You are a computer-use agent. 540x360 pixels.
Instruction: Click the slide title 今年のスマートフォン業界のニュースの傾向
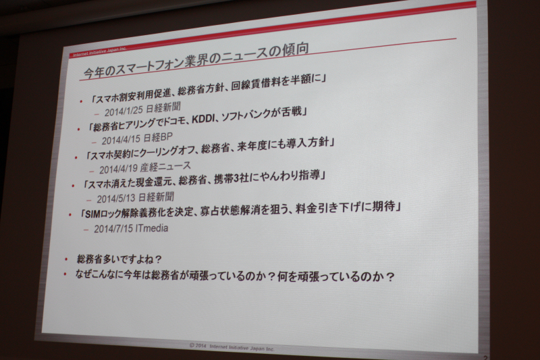pos(196,61)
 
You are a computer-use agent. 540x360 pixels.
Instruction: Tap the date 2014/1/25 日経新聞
pos(142,109)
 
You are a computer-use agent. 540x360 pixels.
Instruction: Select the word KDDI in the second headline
pos(205,118)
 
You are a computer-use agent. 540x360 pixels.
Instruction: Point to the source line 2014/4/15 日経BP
pos(137,138)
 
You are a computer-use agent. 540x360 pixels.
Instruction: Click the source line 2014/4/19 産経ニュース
pos(145,168)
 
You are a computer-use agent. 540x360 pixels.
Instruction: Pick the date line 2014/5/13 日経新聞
pos(136,198)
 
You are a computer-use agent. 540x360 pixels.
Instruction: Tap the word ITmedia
pos(152,228)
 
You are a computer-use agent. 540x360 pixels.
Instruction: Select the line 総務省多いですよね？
pos(119,259)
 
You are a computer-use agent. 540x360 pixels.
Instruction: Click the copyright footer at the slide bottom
pos(232,347)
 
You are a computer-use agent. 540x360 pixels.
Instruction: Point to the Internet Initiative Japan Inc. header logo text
pos(99,52)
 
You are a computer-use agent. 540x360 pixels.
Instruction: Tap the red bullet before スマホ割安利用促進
pos(81,101)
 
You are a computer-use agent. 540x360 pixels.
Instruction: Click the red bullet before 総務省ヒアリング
pos(79,129)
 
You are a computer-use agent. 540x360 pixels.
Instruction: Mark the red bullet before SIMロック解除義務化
pos(70,215)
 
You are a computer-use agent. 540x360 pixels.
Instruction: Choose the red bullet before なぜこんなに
pos(64,274)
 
